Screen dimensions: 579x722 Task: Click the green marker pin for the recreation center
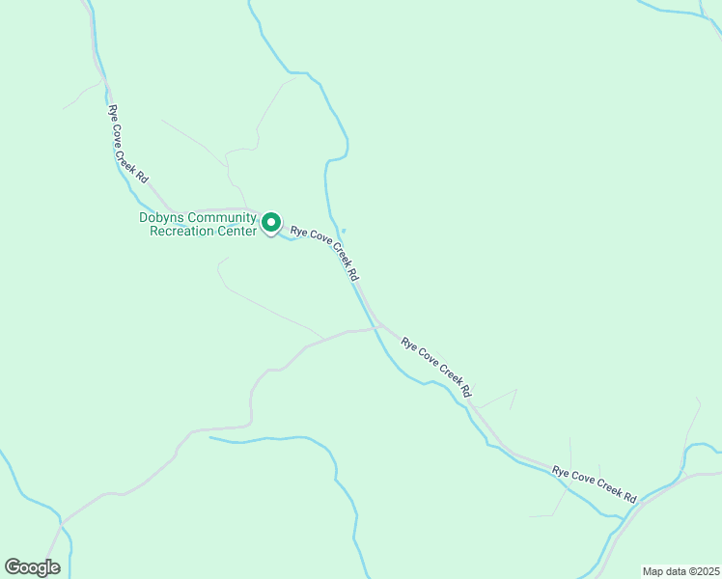click(271, 223)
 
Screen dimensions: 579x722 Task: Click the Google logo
click(32, 567)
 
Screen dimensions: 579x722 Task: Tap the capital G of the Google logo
click(12, 566)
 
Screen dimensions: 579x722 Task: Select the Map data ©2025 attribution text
click(680, 571)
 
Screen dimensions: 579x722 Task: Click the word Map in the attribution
click(653, 571)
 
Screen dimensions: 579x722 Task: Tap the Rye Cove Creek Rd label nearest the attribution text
click(594, 484)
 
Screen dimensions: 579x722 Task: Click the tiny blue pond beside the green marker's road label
click(344, 230)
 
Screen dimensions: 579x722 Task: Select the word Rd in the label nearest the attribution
click(629, 497)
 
